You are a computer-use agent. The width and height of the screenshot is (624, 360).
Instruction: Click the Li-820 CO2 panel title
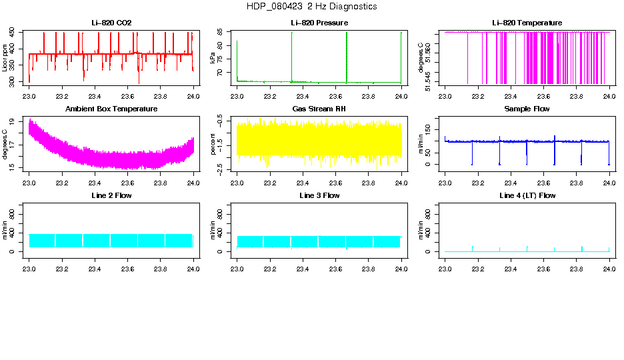coord(111,23)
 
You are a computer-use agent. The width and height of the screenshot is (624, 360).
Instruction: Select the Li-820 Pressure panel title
coord(319,23)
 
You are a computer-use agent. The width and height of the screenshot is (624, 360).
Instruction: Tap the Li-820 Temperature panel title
coord(527,23)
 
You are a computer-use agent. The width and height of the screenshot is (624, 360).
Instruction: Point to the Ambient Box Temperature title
coord(111,109)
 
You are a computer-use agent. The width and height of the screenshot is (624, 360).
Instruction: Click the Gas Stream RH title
coord(319,109)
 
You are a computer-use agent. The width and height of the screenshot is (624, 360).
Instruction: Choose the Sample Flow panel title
coord(527,109)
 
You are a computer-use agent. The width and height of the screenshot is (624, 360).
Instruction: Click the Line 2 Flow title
coord(111,195)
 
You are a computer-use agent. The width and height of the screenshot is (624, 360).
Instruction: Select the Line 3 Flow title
coord(319,195)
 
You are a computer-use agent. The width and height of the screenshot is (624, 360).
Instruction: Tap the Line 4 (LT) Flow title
coord(527,195)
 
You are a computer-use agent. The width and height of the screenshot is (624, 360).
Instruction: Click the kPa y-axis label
coord(213,58)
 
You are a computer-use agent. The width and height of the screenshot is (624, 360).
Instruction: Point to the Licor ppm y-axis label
coord(5,58)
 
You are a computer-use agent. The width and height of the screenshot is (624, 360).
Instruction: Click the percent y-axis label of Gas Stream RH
coord(213,144)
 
